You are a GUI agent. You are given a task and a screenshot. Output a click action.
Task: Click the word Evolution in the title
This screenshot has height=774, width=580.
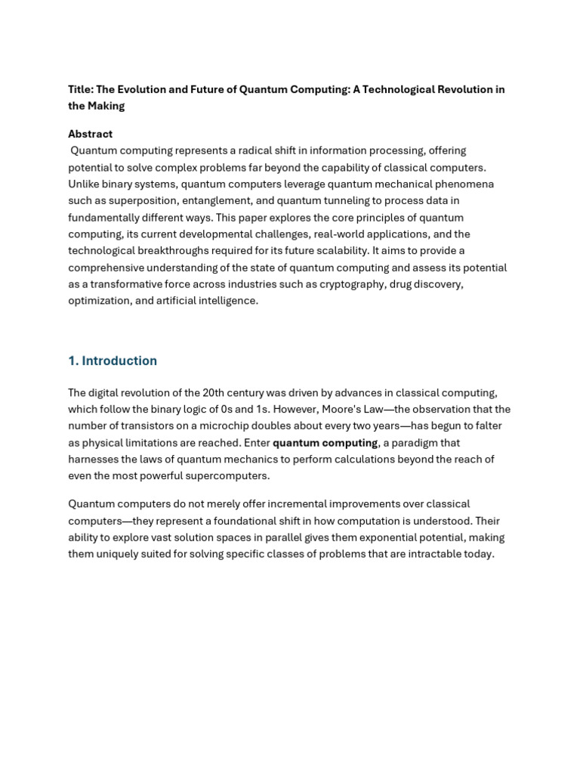[x=140, y=89]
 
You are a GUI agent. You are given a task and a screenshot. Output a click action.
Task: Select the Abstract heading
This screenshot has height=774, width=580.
[x=90, y=134]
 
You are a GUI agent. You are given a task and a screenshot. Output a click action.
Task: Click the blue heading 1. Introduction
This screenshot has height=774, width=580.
[x=113, y=361]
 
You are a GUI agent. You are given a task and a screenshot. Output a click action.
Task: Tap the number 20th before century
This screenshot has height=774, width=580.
[x=216, y=392]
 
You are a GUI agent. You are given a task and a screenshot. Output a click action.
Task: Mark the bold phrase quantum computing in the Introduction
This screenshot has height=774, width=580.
[x=325, y=443]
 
